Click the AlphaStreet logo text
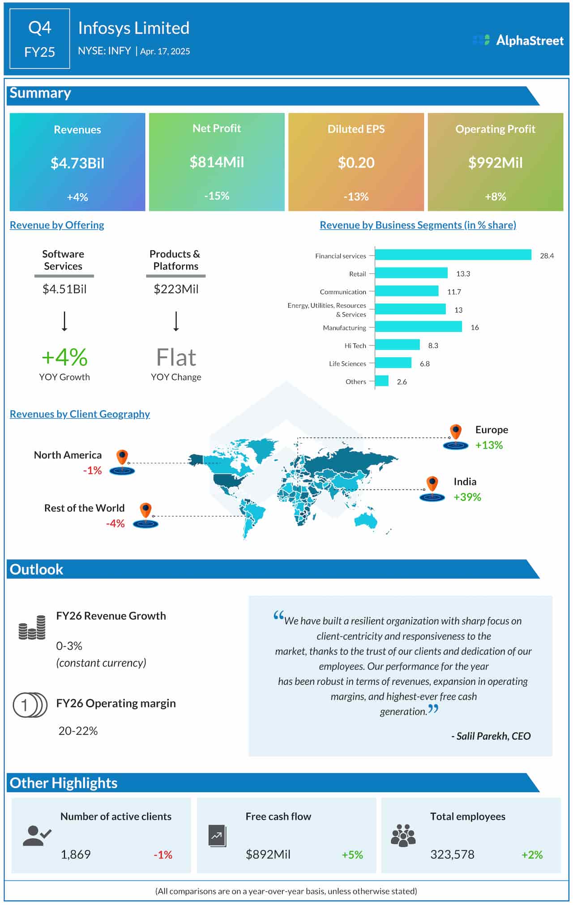click(530, 40)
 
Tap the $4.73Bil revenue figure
click(77, 163)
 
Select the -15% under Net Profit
click(217, 196)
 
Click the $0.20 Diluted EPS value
click(356, 163)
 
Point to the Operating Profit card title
click(495, 129)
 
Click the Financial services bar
click(453, 255)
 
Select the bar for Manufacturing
click(419, 327)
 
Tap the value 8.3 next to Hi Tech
click(433, 345)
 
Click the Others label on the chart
click(355, 382)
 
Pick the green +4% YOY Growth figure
click(64, 357)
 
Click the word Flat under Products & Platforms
click(176, 357)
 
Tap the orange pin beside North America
click(122, 458)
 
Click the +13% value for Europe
click(489, 445)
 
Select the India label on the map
click(465, 481)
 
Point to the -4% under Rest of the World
click(115, 523)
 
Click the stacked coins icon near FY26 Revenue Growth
click(32, 627)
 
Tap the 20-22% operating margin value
click(78, 731)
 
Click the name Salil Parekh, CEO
click(491, 736)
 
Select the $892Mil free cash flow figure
click(268, 854)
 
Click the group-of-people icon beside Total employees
click(403, 835)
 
